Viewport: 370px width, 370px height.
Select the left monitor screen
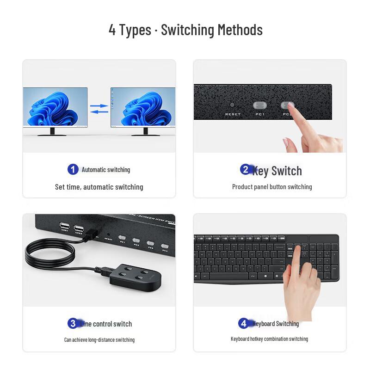click(x=55, y=107)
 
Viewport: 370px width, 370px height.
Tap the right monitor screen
click(x=143, y=107)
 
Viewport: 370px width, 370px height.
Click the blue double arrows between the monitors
click(x=99, y=109)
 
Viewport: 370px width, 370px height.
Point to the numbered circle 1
click(x=73, y=169)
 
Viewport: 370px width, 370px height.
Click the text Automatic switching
click(x=106, y=170)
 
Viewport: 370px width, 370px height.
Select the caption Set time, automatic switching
click(x=99, y=187)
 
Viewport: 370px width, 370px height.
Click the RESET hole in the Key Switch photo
click(x=232, y=105)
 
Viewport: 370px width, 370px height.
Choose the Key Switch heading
click(x=277, y=171)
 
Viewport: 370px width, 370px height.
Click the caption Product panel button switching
click(x=272, y=187)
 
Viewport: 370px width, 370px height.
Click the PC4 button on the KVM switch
click(x=165, y=246)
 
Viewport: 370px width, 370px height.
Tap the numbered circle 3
click(x=73, y=323)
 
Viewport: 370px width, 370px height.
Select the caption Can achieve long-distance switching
click(x=99, y=340)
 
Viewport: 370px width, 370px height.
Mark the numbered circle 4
click(x=243, y=323)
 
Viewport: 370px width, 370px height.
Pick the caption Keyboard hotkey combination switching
click(x=269, y=339)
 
